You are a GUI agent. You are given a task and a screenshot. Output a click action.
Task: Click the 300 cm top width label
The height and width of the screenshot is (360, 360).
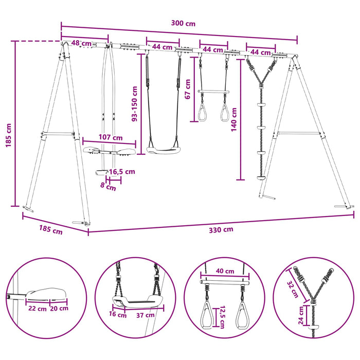tap(183, 24)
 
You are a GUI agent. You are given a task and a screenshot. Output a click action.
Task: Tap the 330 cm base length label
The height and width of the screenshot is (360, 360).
tap(221, 229)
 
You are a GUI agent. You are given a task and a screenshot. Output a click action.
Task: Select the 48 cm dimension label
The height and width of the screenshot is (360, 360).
tap(81, 43)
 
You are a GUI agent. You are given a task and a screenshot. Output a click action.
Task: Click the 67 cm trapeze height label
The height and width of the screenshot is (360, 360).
tap(188, 89)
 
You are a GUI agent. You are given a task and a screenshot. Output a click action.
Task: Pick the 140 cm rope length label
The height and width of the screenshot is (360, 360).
tap(233, 120)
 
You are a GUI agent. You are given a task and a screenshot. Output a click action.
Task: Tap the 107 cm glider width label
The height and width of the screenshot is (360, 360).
tap(111, 137)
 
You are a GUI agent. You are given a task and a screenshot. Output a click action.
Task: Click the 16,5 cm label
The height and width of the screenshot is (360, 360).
tap(122, 171)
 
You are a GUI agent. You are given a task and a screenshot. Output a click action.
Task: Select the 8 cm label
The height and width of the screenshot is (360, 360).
tap(108, 186)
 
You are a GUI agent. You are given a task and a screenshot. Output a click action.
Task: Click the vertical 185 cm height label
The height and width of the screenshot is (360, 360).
tap(8, 135)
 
